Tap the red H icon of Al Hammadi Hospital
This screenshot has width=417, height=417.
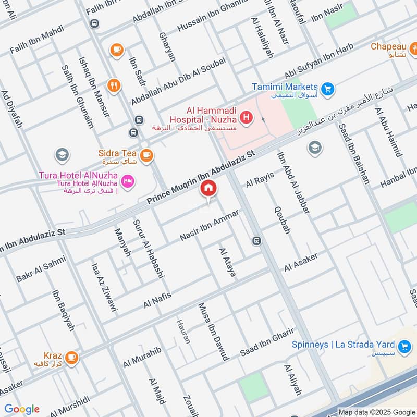248,118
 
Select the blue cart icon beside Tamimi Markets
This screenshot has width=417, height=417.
327,89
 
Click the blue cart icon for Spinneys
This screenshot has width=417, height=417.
403,346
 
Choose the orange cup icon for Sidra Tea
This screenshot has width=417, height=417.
146,154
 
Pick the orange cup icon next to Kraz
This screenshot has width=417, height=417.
71,357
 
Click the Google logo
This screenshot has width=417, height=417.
22,409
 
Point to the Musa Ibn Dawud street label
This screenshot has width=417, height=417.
213,332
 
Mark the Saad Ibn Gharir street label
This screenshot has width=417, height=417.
267,342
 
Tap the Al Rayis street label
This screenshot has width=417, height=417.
259,180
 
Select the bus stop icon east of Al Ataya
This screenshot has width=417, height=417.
256,241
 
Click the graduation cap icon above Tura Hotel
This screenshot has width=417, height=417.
62,155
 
